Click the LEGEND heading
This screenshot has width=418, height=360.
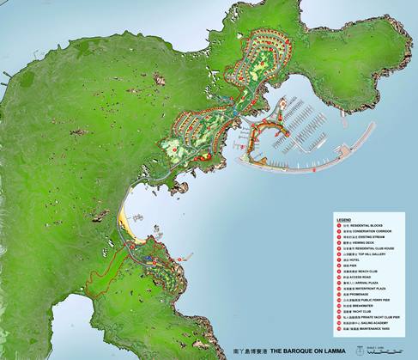click(343, 219)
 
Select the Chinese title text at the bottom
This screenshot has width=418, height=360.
click(250, 351)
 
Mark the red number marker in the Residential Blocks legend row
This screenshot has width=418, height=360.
click(339, 225)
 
